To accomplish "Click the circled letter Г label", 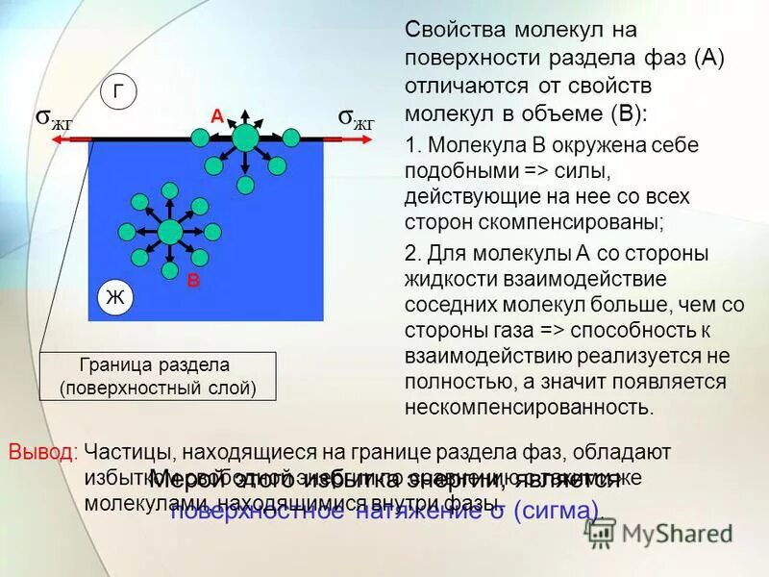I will pyautogui.click(x=118, y=92).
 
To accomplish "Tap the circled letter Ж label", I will pyautogui.click(x=115, y=298).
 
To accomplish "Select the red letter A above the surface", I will pyautogui.click(x=217, y=116).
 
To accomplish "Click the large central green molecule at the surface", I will pyautogui.click(x=246, y=138).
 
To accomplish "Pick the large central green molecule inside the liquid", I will pyautogui.click(x=170, y=232).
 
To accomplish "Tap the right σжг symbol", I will pyautogui.click(x=356, y=118).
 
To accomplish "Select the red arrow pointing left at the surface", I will pyautogui.click(x=72, y=140).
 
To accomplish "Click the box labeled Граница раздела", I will pyautogui.click(x=158, y=376).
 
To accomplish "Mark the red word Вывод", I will pyautogui.click(x=42, y=451).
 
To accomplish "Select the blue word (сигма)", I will pyautogui.click(x=556, y=511).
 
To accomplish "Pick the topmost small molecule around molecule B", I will pyautogui.click(x=169, y=189).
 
